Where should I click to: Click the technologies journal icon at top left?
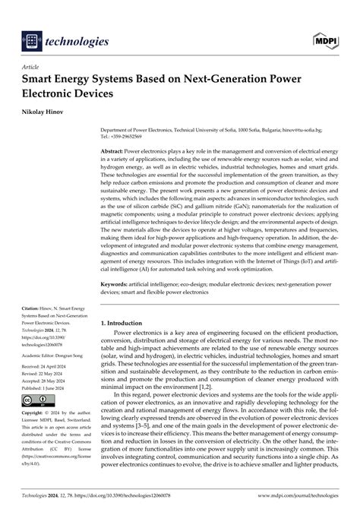33,40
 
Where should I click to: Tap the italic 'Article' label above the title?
33,67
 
